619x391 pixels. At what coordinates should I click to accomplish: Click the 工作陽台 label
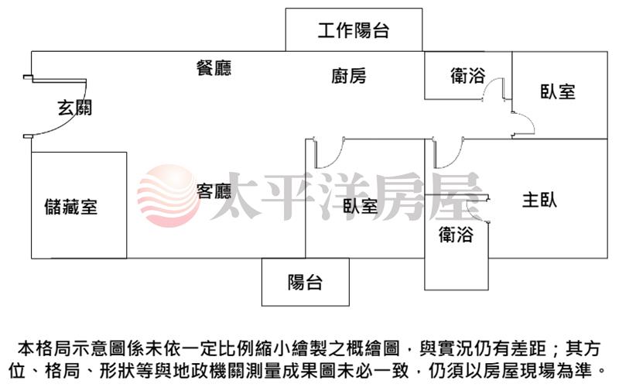[354, 30]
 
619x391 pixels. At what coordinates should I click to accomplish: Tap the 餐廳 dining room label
[214, 68]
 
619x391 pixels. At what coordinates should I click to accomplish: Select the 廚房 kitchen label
[349, 76]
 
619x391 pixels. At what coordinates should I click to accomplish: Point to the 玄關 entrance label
[74, 108]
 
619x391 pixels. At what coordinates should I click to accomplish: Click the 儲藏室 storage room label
[70, 207]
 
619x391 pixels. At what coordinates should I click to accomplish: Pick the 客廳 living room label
[214, 191]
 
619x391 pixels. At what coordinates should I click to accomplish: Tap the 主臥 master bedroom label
[539, 200]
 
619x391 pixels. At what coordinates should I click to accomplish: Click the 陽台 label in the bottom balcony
[305, 283]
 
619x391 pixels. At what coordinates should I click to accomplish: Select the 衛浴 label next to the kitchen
[468, 75]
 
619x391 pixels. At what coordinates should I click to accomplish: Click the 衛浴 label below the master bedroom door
[456, 234]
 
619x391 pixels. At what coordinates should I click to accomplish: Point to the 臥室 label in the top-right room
[557, 91]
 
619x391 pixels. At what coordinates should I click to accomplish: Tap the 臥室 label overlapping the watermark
[360, 206]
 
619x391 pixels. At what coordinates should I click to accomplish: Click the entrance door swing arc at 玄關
[63, 108]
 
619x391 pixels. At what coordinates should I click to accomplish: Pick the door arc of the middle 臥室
[330, 153]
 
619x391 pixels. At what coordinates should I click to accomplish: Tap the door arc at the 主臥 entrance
[450, 153]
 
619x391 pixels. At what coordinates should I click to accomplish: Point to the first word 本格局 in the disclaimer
[44, 348]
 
